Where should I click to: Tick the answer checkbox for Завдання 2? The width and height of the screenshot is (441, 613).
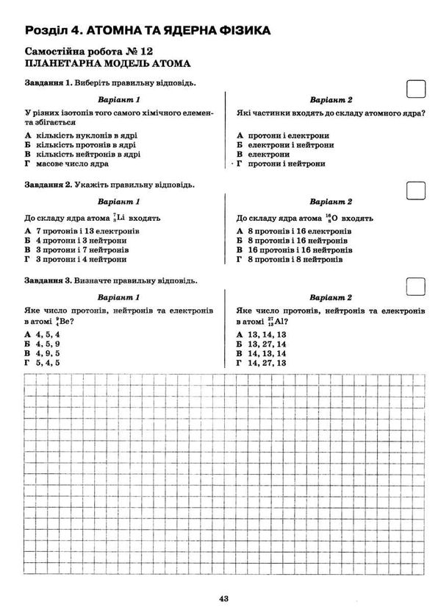[x=417, y=189]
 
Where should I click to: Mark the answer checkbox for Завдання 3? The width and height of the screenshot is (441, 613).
[x=417, y=286]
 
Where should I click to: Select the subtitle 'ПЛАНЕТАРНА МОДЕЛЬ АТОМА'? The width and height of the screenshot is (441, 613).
[x=107, y=63]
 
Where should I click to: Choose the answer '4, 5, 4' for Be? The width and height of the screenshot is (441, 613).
[x=51, y=335]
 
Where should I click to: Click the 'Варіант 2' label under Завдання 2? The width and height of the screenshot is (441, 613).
[x=331, y=201]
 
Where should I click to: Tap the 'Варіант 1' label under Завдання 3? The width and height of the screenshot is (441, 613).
[x=118, y=297]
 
